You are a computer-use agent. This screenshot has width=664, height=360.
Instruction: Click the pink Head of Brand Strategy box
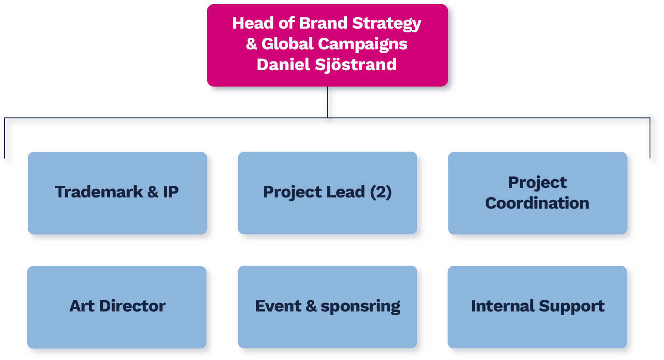point(327,46)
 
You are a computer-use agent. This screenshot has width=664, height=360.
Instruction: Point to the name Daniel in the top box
point(283,65)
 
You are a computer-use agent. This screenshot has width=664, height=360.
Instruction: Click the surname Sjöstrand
point(355,65)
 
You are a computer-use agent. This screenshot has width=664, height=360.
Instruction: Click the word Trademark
point(99,192)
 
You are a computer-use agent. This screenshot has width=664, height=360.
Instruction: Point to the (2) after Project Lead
point(381,192)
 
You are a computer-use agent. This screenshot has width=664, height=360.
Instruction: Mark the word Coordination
point(537,203)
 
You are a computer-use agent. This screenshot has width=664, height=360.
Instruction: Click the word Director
point(132,306)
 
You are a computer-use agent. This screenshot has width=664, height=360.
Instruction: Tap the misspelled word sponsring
point(360,306)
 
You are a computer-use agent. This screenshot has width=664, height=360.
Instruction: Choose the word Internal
point(502,306)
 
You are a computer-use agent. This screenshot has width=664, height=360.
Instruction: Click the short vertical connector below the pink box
point(329,104)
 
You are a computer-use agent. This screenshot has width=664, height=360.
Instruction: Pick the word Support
point(572,306)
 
